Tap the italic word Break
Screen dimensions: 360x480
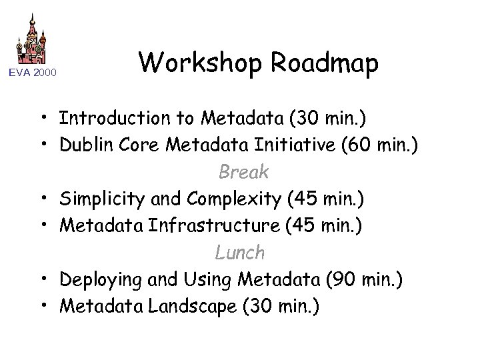pyautogui.click(x=244, y=172)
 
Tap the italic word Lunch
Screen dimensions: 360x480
pyautogui.click(x=239, y=253)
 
